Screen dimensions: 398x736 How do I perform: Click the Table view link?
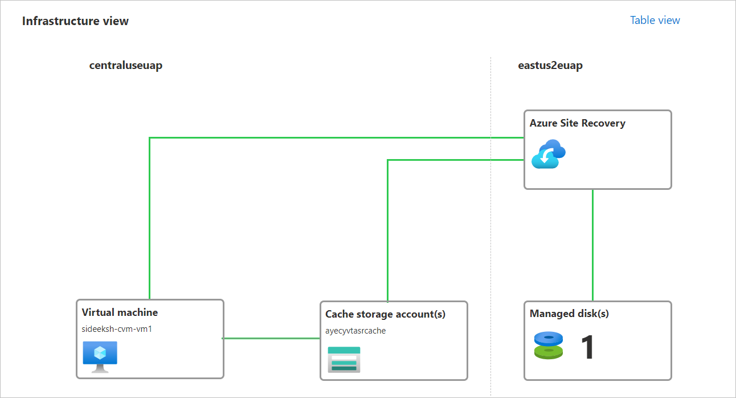655,20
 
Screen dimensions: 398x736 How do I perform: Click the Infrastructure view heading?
75,21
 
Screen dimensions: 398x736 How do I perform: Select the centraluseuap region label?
126,66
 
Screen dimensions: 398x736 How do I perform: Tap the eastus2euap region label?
550,66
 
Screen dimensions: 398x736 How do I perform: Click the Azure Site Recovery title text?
577,123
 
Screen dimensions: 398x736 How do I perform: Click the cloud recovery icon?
548,154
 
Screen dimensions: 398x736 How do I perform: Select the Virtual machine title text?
120,312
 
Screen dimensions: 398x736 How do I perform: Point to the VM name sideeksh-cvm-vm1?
117,329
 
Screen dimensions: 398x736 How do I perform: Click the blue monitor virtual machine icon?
100,356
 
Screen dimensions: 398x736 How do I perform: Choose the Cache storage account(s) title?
385,314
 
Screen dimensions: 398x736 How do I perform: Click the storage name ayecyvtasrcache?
355,331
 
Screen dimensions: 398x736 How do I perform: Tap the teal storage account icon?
344,359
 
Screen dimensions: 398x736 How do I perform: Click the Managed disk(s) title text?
569,314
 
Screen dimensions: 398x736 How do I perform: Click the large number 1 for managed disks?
587,348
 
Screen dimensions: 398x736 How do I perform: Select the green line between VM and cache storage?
271,338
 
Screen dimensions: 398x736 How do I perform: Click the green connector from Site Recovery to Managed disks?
593,245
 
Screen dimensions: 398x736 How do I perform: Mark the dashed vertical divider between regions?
490,228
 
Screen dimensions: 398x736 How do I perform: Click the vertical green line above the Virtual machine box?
149,228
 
